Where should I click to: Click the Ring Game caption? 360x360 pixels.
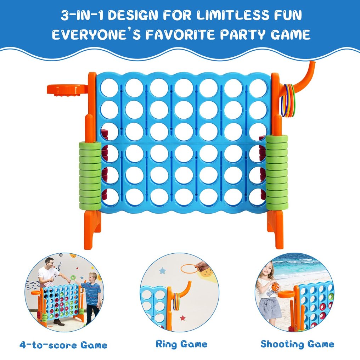click(181, 344)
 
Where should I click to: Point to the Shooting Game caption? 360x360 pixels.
click(297, 344)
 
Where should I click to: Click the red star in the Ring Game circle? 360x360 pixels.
click(182, 318)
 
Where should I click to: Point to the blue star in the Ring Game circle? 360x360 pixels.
click(162, 271)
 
